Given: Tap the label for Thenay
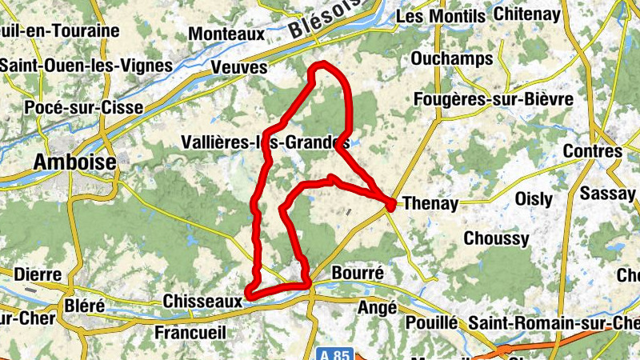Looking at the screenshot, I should click(x=431, y=203).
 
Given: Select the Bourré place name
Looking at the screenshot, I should click(x=357, y=273).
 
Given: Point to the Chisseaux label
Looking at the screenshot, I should click(x=202, y=302).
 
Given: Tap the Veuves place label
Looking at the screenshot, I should click(x=239, y=68).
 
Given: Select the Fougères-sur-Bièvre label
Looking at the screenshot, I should click(x=493, y=99).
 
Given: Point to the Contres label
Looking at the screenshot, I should click(x=593, y=151).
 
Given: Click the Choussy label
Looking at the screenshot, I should click(x=496, y=238).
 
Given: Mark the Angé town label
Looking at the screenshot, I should click(x=378, y=306).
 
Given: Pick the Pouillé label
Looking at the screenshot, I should click(x=431, y=322).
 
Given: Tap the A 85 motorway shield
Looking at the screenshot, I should click(x=334, y=354).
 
